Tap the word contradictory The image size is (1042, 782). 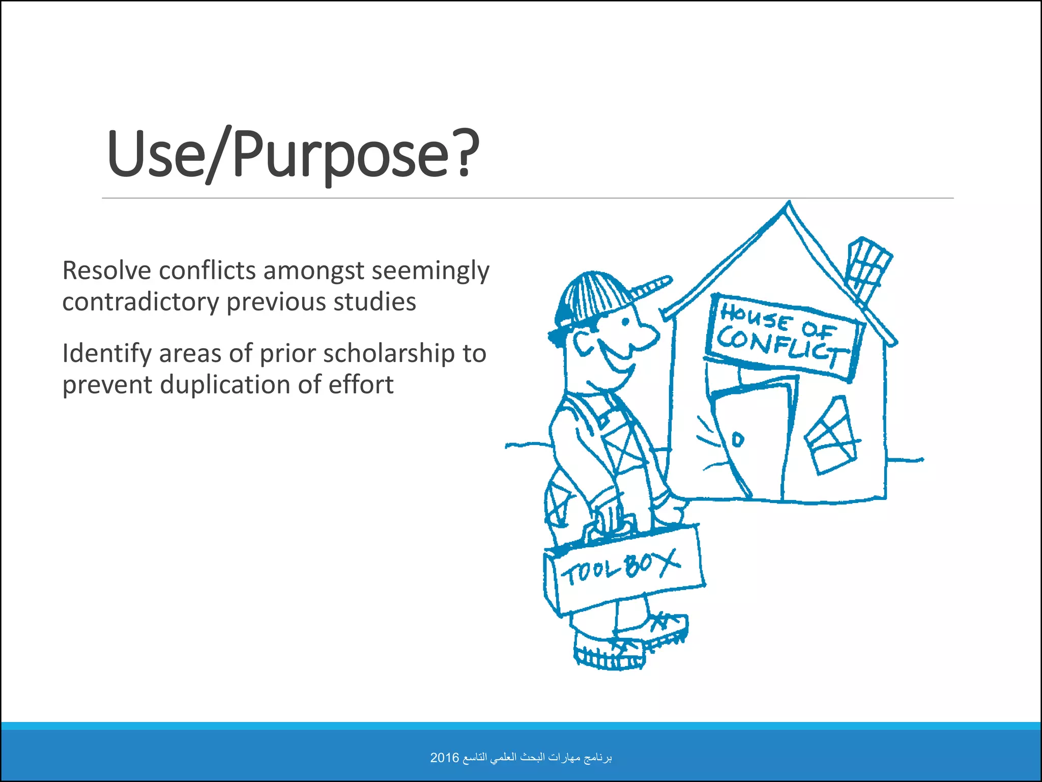(140, 302)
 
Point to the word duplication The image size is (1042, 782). (226, 384)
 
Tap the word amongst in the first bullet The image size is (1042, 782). (314, 271)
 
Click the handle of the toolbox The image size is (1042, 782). (611, 524)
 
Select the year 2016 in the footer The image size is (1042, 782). (444, 758)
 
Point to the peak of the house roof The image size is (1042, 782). (789, 205)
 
